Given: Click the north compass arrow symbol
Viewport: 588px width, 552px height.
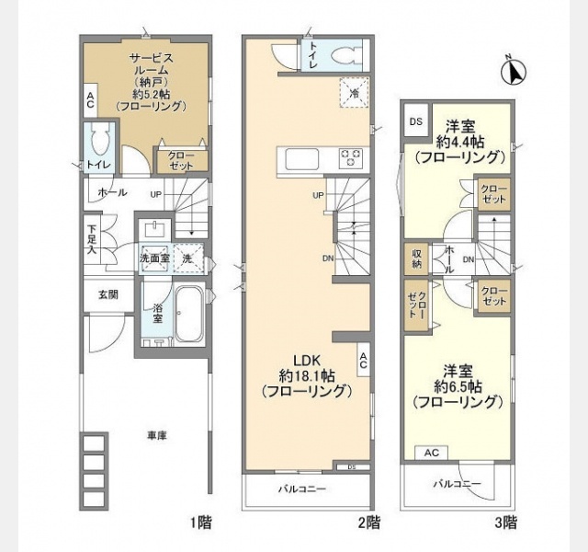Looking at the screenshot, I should (514, 69).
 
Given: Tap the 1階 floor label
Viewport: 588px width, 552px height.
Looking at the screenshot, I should (201, 523).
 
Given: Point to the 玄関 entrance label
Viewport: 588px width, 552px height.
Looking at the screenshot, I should (96, 294).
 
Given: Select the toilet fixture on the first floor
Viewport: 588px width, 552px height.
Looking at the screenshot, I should (99, 143).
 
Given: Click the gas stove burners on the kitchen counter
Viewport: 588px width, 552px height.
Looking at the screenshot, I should (351, 158).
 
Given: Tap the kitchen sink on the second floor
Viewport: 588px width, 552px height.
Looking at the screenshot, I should (301, 159).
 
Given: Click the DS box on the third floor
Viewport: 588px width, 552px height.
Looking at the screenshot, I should (415, 121).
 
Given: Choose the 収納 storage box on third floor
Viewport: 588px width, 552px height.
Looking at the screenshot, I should (416, 258).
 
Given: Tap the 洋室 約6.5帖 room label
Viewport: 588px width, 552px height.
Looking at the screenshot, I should (457, 387).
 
